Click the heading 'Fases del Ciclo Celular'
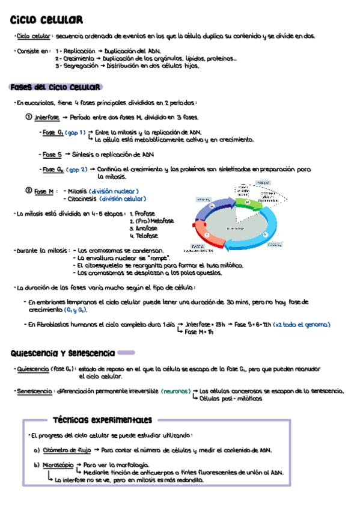coord(56,87)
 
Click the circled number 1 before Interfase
coord(28,117)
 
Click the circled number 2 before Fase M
coord(28,191)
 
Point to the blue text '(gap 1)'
coord(75,132)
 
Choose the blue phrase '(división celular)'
coord(123,198)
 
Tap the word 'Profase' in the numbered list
coord(145,214)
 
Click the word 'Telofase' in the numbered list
coord(146,236)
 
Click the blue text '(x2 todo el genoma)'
coord(301,325)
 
